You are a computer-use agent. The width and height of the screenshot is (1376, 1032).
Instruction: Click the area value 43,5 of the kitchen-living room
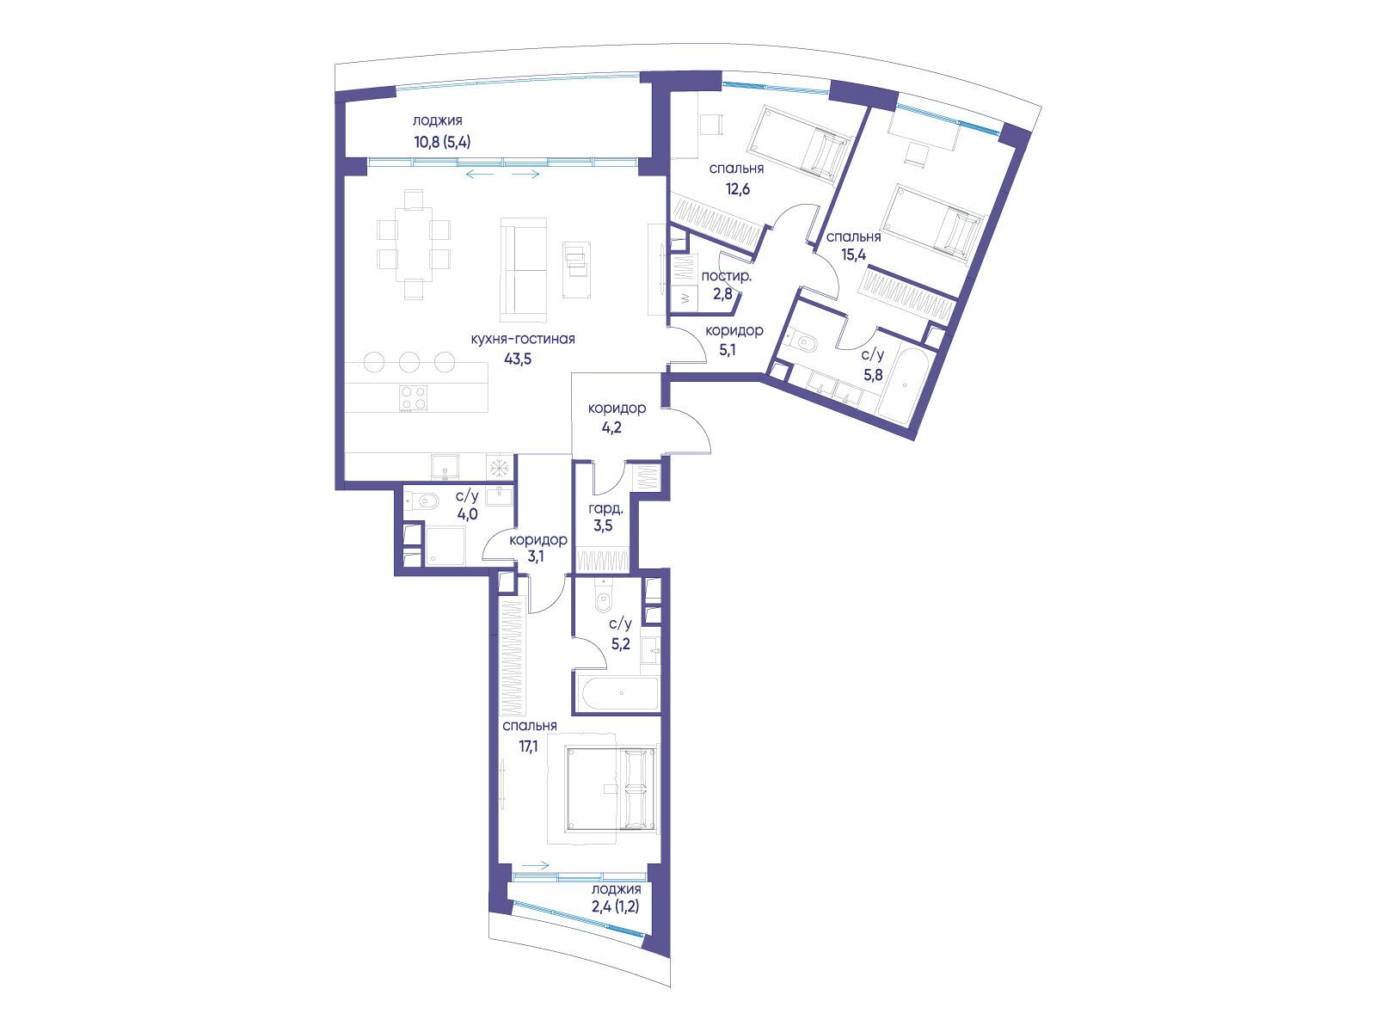tap(517, 359)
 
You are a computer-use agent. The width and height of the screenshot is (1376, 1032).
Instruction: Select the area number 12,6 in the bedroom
tap(738, 188)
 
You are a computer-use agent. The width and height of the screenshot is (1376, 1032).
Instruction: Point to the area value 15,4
tap(853, 255)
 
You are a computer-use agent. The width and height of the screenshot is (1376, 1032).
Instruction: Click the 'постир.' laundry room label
tap(727, 276)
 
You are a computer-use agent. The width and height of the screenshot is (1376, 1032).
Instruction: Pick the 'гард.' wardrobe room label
tap(605, 509)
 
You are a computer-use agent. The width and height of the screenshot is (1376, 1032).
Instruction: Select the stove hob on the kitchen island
tap(413, 398)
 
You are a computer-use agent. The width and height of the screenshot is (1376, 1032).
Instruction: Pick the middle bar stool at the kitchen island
tap(409, 362)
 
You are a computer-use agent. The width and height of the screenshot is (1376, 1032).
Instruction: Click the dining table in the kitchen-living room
tap(414, 244)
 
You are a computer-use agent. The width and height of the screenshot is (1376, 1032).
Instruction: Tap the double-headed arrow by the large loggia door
tap(503, 174)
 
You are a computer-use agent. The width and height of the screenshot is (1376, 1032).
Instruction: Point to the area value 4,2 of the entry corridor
tap(611, 428)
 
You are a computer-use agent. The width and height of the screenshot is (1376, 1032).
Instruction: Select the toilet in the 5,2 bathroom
tap(604, 601)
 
